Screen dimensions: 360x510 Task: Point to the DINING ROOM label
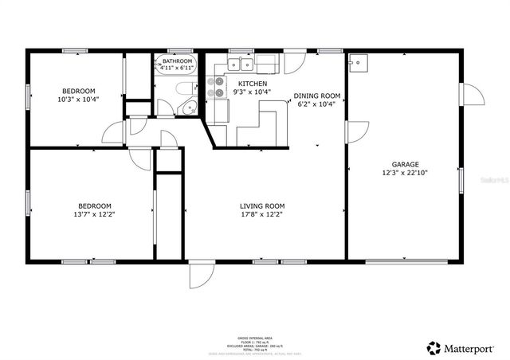[x=319, y=96]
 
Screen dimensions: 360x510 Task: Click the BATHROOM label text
[x=177, y=61]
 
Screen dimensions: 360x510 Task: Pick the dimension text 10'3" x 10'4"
[x=77, y=100]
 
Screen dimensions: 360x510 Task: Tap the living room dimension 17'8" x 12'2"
[x=262, y=214]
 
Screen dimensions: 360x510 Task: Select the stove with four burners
[x=216, y=88]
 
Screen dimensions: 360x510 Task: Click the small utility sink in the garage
[x=359, y=62]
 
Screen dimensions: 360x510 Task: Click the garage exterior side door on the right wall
[x=475, y=94]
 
